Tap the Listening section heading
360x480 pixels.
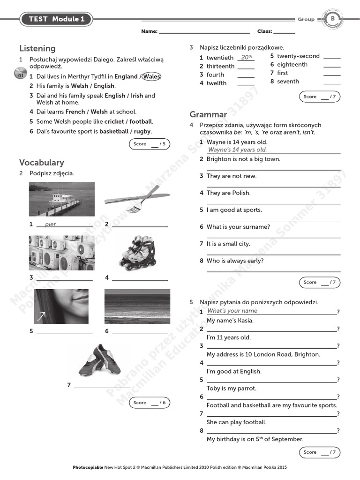point(37,48)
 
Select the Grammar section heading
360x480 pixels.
point(208,114)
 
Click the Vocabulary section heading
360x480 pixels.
point(42,162)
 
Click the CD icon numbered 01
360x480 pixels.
point(20,74)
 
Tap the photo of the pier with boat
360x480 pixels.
point(61,199)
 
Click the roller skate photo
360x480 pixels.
point(136,253)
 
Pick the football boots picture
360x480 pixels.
point(99,360)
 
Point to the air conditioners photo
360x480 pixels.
point(61,253)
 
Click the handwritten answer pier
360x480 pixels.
point(50,224)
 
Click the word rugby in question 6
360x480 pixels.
point(142,132)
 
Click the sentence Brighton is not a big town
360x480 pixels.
point(243,159)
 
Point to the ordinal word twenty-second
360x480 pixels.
point(298,56)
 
